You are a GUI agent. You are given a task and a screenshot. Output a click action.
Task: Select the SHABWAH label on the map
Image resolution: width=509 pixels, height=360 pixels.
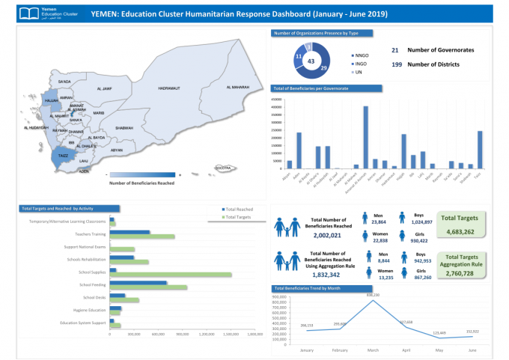[124, 128]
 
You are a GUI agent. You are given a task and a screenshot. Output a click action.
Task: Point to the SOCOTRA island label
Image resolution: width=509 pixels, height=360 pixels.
[222, 168]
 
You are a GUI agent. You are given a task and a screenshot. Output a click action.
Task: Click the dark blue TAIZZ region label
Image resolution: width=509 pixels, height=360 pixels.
[64, 156]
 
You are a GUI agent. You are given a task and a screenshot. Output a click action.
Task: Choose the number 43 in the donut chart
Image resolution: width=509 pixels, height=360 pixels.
[311, 61]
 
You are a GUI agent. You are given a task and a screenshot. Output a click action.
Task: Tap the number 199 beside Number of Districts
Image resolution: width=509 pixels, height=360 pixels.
[397, 64]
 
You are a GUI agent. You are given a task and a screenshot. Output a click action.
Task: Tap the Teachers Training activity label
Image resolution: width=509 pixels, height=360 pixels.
[89, 235]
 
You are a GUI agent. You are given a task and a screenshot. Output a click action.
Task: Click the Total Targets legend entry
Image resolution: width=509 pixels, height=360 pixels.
[239, 217]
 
